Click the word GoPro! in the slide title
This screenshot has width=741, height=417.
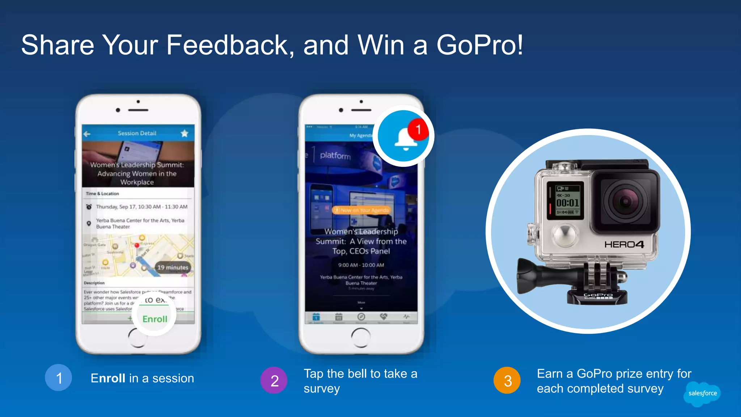(x=479, y=45)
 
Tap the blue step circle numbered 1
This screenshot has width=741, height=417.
(x=59, y=378)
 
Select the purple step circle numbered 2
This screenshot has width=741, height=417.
(x=274, y=380)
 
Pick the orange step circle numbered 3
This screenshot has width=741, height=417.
(x=507, y=380)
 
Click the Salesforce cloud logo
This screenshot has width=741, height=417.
(x=702, y=393)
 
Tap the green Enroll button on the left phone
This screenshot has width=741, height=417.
(x=154, y=319)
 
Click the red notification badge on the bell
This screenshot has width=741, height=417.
(x=418, y=129)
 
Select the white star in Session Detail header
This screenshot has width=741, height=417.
(x=185, y=134)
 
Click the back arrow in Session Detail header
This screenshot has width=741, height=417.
(x=87, y=134)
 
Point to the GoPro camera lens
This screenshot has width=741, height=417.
(x=625, y=201)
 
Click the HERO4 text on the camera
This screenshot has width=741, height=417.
(x=624, y=245)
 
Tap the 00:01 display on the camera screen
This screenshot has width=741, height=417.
(x=567, y=203)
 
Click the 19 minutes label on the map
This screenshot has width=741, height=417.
(x=173, y=268)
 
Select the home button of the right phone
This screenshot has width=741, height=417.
(x=361, y=337)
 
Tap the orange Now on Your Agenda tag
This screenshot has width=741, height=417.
(x=361, y=210)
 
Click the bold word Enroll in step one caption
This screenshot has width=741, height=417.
(x=108, y=378)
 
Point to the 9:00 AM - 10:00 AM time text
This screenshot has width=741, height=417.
(x=361, y=265)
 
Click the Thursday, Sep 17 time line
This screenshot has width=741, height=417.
(x=141, y=207)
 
